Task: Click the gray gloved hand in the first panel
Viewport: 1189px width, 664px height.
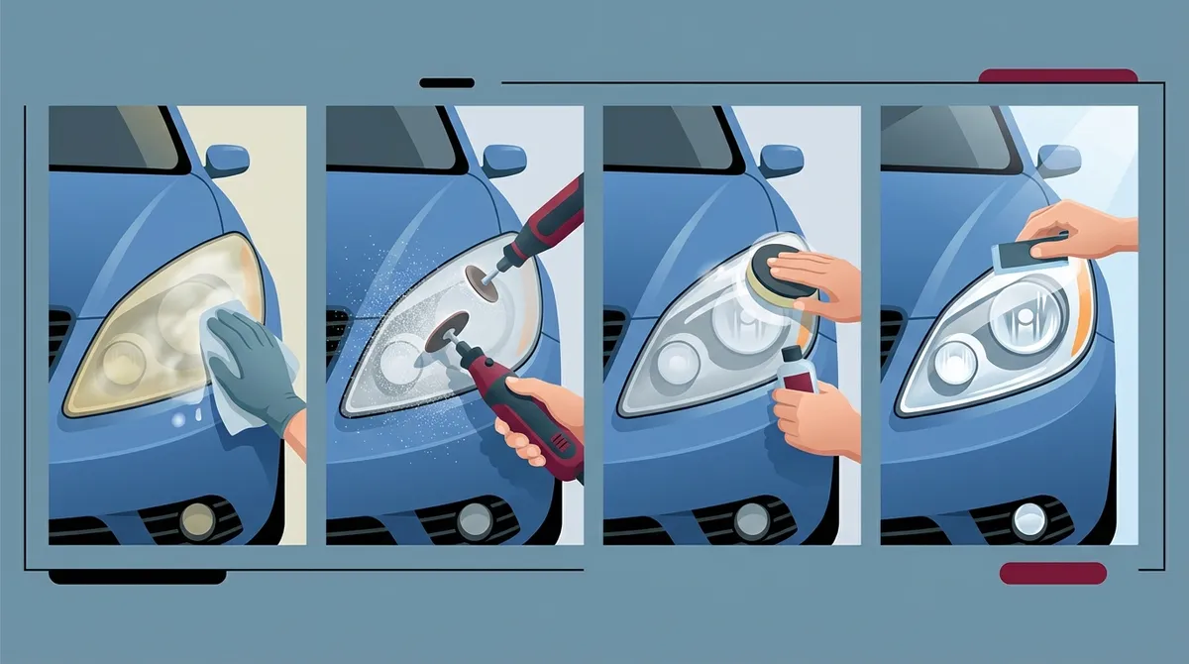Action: [253, 362]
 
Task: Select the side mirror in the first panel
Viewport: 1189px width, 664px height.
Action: [228, 160]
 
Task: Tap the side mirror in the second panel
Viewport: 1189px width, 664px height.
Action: [504, 160]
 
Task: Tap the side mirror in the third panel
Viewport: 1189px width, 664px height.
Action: [781, 160]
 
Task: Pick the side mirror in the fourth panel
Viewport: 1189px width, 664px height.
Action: [1058, 160]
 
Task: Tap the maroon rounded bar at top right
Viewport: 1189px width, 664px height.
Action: [1057, 76]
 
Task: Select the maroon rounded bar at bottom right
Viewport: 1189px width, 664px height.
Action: [1052, 573]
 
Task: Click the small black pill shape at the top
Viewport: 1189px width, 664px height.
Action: [447, 83]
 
